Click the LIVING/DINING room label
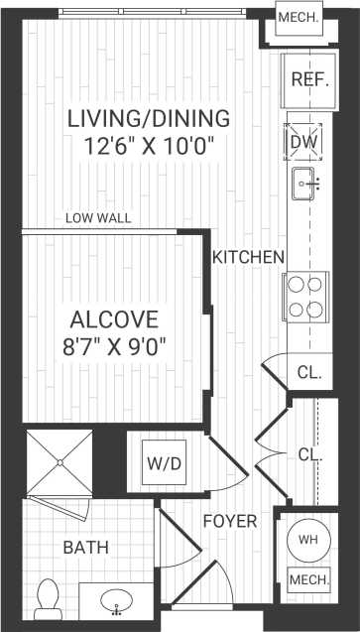coord(149,119)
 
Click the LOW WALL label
coord(98,218)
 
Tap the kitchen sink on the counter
coord(305,182)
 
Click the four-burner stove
coord(304,294)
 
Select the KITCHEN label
coord(249,257)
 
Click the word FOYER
coord(230,521)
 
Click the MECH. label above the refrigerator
coord(298,18)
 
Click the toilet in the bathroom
coord(48,597)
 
